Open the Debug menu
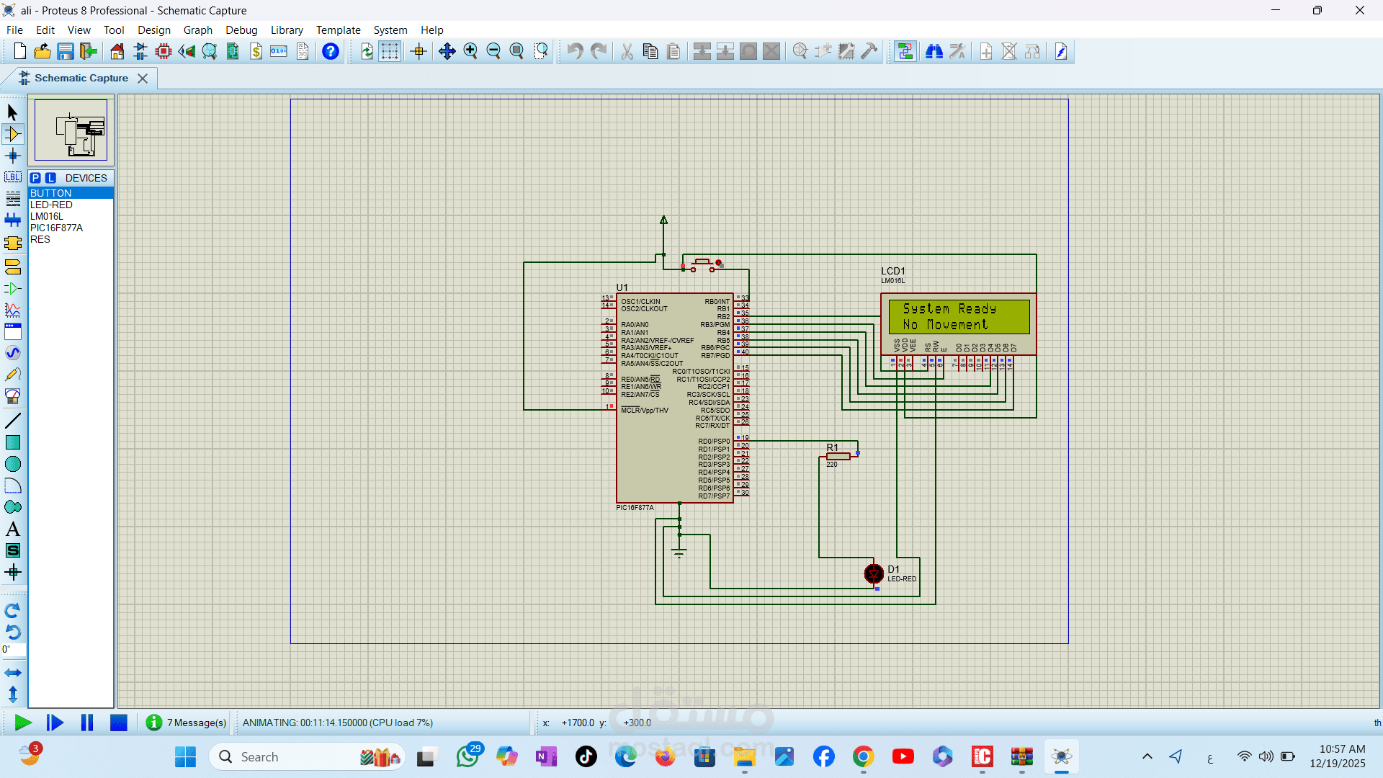click(x=241, y=30)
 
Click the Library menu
click(x=287, y=30)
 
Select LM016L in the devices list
click(x=47, y=216)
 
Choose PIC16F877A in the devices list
click(x=56, y=228)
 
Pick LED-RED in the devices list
click(x=51, y=205)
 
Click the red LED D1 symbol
click(x=874, y=573)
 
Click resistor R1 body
click(x=838, y=456)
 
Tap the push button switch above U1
click(x=703, y=264)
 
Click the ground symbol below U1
click(x=679, y=553)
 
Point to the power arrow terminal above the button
click(x=664, y=220)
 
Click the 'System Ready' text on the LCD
click(x=949, y=308)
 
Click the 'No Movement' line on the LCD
click(x=945, y=325)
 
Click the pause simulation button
click(x=87, y=723)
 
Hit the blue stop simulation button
click(x=119, y=723)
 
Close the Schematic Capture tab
click(x=143, y=79)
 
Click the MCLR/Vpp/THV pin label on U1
click(x=645, y=411)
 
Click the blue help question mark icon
click(x=331, y=52)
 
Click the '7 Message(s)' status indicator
click(x=187, y=723)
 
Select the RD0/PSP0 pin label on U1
click(x=714, y=442)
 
